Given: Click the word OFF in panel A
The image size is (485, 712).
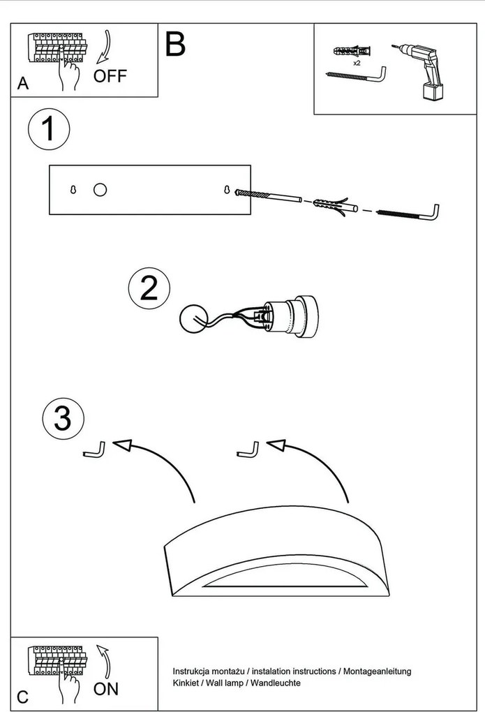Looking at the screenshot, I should click(x=110, y=76).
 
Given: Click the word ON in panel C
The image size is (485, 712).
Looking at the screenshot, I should click(x=106, y=690).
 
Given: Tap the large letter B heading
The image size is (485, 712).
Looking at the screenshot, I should click(x=175, y=44).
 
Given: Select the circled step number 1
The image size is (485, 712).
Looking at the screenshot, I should click(x=49, y=130).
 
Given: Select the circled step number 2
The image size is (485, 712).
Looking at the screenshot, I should click(x=149, y=288).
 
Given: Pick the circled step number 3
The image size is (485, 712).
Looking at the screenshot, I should click(x=63, y=418).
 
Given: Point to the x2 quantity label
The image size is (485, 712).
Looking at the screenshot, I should click(x=356, y=63).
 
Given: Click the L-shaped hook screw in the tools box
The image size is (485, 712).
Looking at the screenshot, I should click(x=357, y=74).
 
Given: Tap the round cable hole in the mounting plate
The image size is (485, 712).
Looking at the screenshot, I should click(x=100, y=189).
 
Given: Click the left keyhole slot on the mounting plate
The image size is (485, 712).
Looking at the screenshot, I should click(x=73, y=189).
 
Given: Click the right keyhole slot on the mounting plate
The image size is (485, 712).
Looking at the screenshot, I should click(x=227, y=189).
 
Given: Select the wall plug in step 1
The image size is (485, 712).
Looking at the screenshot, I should click(x=333, y=205).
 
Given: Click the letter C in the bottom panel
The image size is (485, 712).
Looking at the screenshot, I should click(x=23, y=697).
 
